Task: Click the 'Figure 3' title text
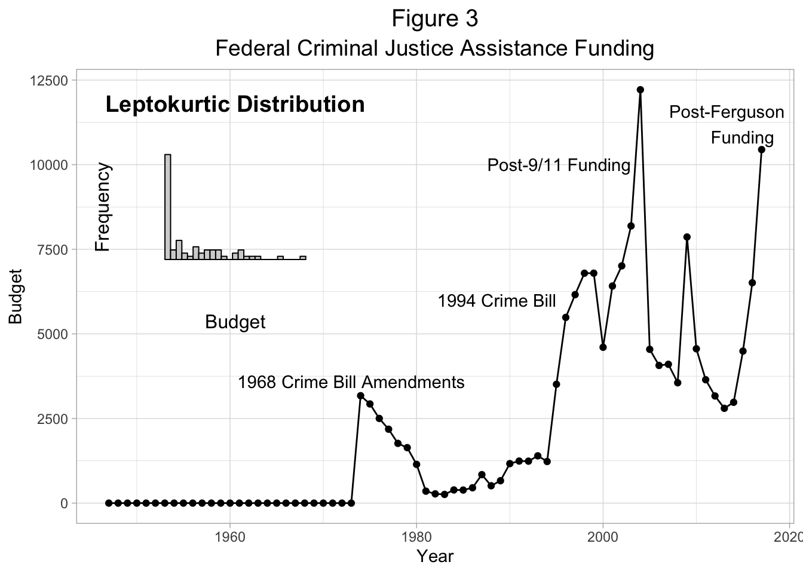pyautogui.click(x=434, y=19)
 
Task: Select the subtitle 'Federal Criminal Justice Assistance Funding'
pyautogui.click(x=434, y=48)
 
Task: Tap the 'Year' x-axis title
pyautogui.click(x=434, y=557)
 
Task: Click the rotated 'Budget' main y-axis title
pyautogui.click(x=16, y=297)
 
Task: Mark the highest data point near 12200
pyautogui.click(x=640, y=90)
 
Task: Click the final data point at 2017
pyautogui.click(x=761, y=149)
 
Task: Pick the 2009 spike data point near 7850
pyautogui.click(x=686, y=237)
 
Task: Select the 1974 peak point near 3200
pyautogui.click(x=360, y=396)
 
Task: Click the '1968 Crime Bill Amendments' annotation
pyautogui.click(x=351, y=382)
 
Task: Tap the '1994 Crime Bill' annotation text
pyautogui.click(x=496, y=301)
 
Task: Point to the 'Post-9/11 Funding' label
pyautogui.click(x=559, y=165)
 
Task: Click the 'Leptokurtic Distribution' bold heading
pyautogui.click(x=235, y=105)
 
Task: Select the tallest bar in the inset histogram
pyautogui.click(x=168, y=206)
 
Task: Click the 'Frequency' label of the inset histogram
pyautogui.click(x=103, y=207)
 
